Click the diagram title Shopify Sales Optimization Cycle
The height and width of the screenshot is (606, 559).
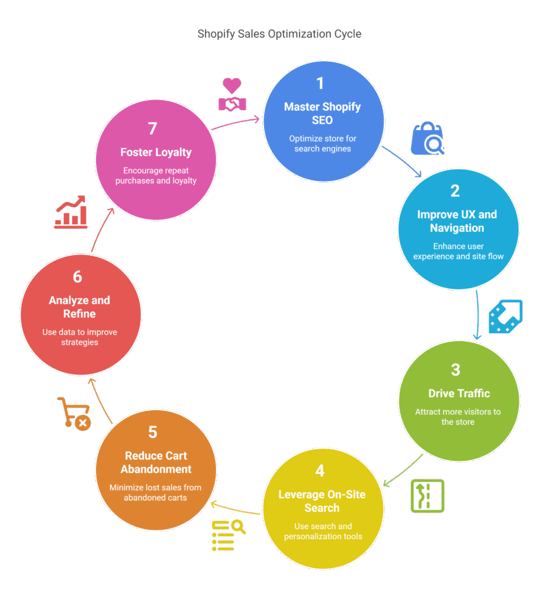tap(279, 34)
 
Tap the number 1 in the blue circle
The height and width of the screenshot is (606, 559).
tap(320, 83)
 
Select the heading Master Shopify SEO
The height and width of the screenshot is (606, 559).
tap(322, 113)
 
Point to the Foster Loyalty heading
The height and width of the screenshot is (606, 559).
tap(156, 152)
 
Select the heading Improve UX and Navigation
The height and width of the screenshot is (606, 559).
tap(457, 221)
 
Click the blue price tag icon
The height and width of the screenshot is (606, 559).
tap(505, 317)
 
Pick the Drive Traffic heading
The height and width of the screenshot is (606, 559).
tap(459, 394)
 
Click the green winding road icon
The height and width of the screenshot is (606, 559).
tap(427, 495)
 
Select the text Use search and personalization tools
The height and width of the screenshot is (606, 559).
tap(323, 531)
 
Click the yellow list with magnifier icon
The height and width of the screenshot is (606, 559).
tap(228, 535)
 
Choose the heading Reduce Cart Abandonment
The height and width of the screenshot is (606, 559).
tap(156, 462)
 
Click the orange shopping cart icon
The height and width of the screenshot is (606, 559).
tap(74, 413)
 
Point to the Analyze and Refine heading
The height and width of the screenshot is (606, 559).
tap(79, 307)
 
